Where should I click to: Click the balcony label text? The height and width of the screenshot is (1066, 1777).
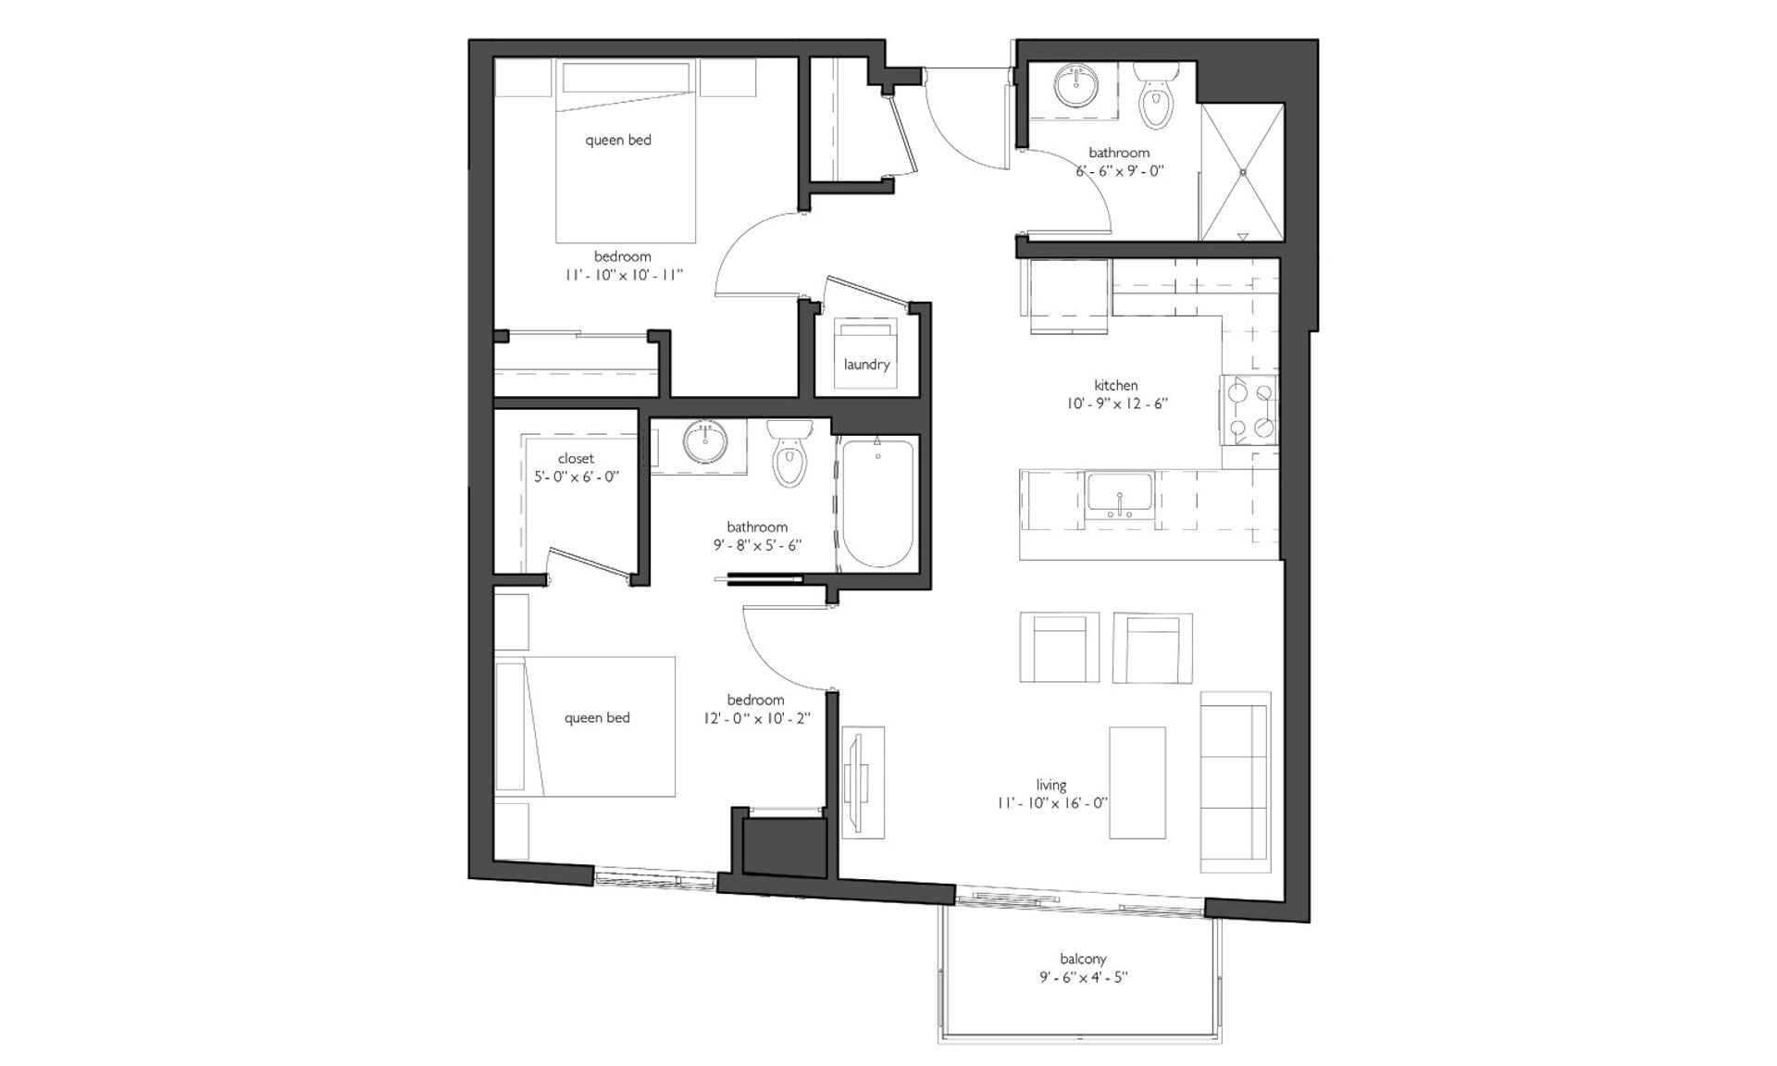coord(1083,959)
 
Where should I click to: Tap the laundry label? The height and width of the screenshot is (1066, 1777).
coord(866,364)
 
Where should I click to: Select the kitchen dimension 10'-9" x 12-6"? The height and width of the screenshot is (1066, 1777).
coord(1116,403)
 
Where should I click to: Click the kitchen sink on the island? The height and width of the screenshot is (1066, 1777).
coord(1120,495)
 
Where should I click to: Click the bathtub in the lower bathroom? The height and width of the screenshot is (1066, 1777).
coord(877,503)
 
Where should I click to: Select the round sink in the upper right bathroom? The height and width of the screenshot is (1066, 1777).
coord(1075,86)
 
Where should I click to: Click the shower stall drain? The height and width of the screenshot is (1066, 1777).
coord(1243,172)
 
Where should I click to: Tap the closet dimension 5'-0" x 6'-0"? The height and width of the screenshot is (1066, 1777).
coord(576,477)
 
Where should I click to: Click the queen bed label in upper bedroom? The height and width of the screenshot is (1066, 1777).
coord(618,140)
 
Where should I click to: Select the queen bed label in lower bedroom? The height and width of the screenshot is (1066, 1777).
coord(597,717)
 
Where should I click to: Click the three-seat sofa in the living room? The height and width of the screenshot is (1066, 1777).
coord(1234,782)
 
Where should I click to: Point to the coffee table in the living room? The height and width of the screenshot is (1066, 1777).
coord(1137,783)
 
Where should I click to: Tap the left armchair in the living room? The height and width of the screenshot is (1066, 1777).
coord(1060,648)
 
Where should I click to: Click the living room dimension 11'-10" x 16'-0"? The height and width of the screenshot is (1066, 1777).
coord(1051,803)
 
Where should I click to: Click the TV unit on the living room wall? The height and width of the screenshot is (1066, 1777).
coord(862,783)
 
